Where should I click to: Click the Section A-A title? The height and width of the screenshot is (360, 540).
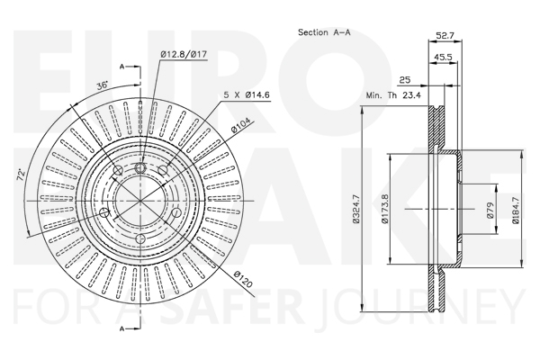point(324,32)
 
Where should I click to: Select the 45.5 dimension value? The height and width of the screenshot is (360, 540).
point(443,57)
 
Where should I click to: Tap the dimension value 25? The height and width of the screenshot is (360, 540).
point(405,79)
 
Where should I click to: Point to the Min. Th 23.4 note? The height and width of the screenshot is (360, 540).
point(393,95)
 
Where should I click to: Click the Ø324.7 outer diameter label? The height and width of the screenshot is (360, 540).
point(356,209)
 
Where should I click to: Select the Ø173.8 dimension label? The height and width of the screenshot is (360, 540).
point(384,209)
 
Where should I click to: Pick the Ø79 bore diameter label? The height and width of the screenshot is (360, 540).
point(490,210)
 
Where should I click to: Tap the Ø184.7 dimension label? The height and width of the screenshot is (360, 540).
point(515,210)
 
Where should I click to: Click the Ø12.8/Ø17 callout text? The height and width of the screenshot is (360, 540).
point(184,54)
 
